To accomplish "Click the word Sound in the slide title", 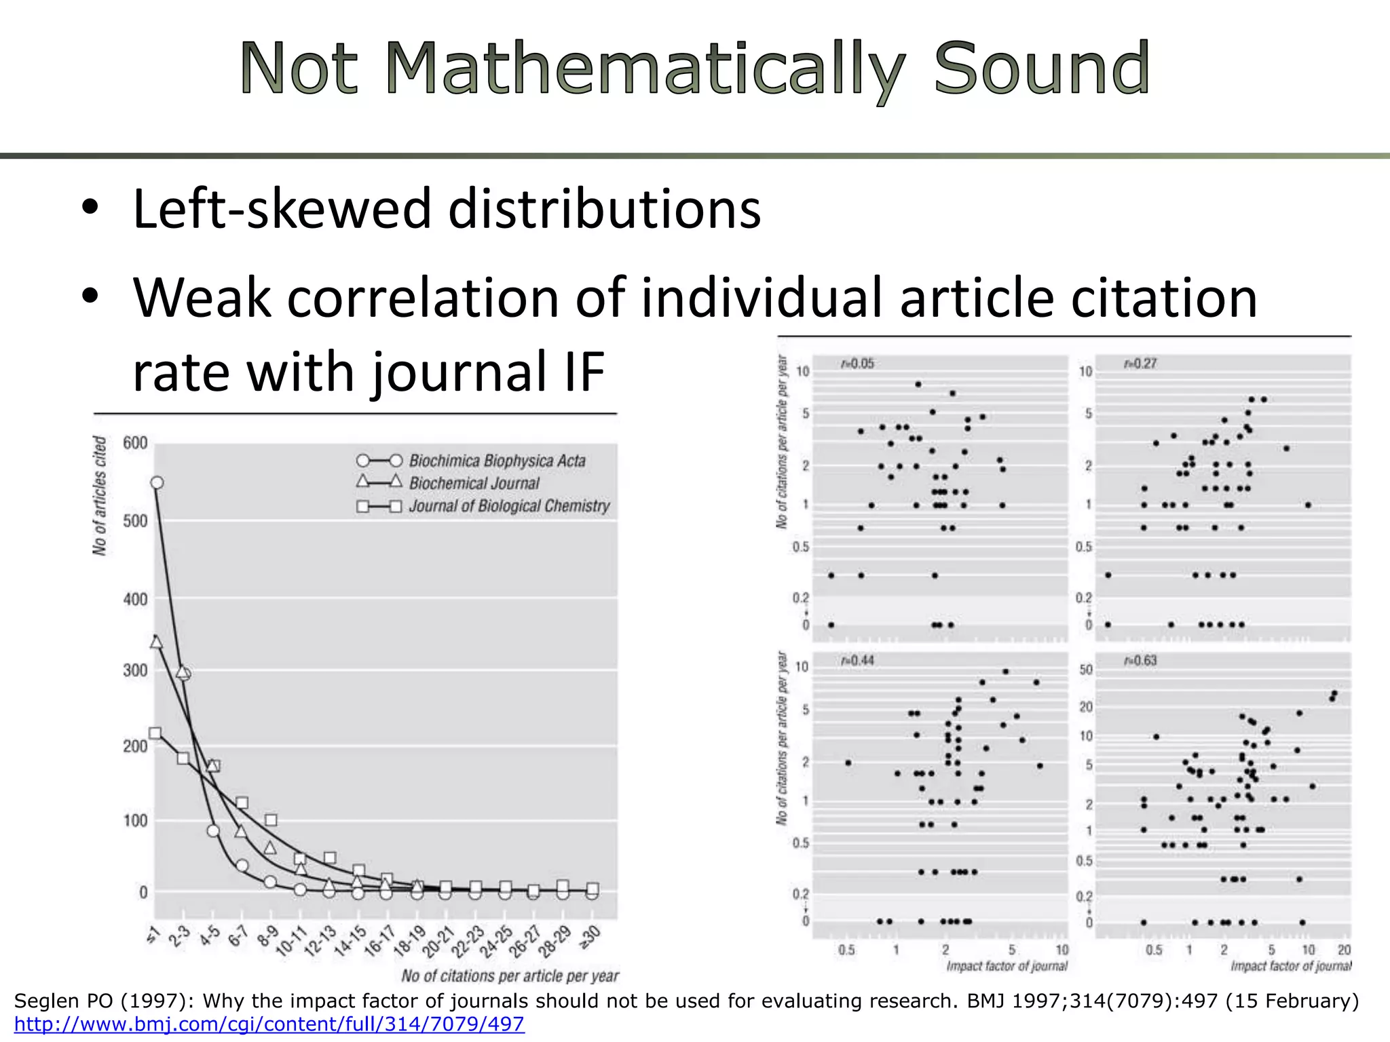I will [1041, 69].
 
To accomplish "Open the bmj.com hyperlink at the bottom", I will [269, 1024].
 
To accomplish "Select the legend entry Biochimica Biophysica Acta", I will [497, 461].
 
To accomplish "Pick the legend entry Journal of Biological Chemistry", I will [509, 506].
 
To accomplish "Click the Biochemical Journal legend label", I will [474, 483].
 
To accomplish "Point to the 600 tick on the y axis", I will [135, 443].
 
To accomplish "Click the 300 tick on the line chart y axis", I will [135, 670].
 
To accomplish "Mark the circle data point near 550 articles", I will [157, 482].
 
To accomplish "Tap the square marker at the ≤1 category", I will [155, 733].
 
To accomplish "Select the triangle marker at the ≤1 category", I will [156, 641].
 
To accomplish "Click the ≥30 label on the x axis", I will [589, 935].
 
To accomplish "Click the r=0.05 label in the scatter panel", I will [857, 364].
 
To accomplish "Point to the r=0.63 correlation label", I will [1140, 661].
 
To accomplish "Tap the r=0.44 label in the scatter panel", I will [857, 660].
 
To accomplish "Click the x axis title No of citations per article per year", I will [510, 976].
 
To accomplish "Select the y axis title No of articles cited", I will [100, 495].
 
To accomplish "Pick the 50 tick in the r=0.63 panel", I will [1086, 670].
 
